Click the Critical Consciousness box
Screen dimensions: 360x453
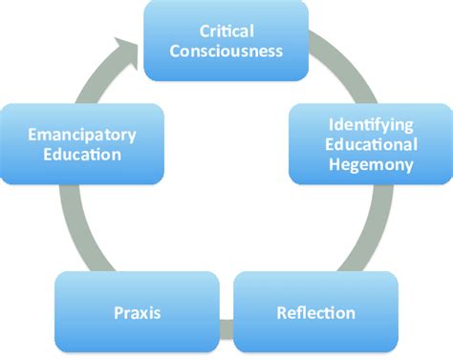tap(226, 39)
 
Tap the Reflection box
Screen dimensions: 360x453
tap(315, 312)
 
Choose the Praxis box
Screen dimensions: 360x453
tap(138, 312)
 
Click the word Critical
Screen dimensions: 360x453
tap(226, 30)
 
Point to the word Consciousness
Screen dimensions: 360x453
tap(226, 51)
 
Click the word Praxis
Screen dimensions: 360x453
tap(138, 313)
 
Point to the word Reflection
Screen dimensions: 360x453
tap(315, 313)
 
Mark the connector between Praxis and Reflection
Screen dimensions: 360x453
tap(226, 329)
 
